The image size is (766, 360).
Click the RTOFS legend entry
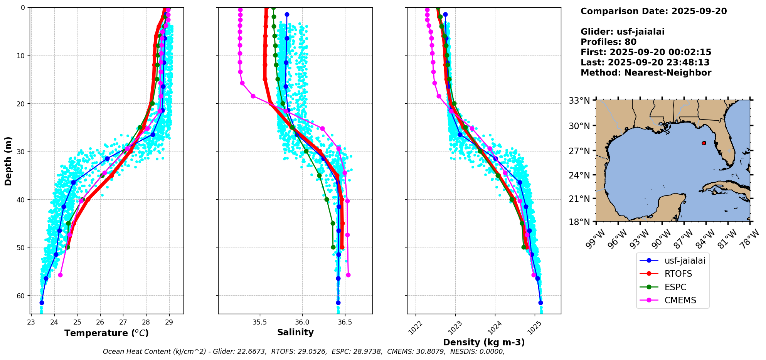point(678,274)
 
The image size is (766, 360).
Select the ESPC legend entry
point(675,287)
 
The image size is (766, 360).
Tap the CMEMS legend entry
point(680,300)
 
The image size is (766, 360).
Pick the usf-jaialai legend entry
point(684,261)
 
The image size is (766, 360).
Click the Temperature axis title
point(106,333)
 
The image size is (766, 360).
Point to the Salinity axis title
point(295,332)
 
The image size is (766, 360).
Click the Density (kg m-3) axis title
point(484,342)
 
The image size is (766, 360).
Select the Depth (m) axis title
point(8,161)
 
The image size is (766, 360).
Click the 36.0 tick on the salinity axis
point(302,322)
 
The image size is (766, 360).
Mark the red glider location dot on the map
point(704,143)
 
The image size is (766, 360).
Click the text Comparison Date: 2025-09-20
point(653,11)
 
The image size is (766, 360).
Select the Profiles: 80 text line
point(608,42)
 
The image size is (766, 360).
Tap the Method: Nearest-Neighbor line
point(646,73)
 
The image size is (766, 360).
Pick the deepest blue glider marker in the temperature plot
point(42,303)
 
